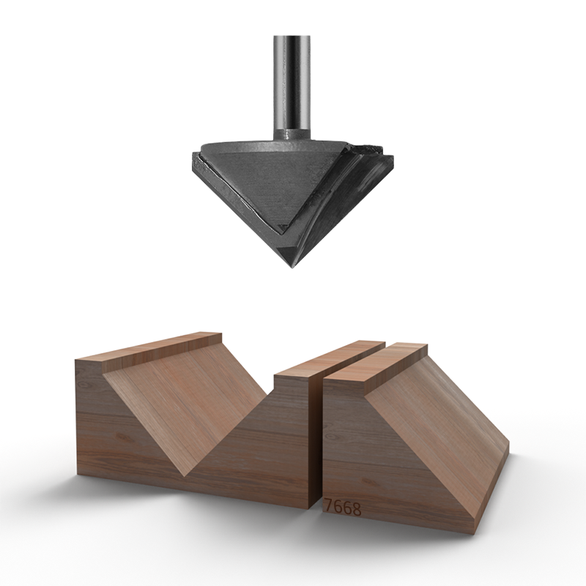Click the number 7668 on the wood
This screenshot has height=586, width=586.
click(343, 507)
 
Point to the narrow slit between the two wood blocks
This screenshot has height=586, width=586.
click(319, 439)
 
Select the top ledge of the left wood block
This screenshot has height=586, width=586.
click(146, 348)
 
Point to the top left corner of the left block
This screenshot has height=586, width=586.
click(76, 360)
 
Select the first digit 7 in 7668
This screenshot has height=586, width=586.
click(328, 507)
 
